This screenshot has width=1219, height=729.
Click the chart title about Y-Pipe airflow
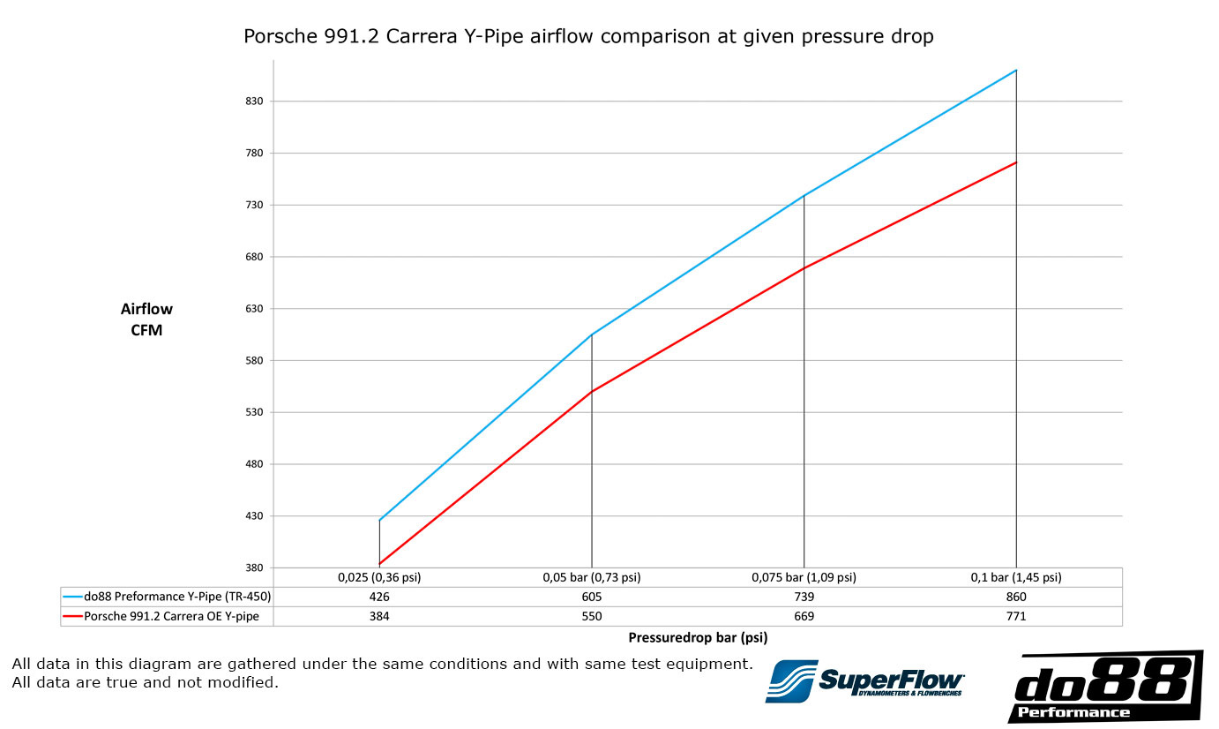tap(588, 37)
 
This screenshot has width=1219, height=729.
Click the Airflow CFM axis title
tap(146, 319)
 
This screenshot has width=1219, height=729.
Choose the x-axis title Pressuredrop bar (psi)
tap(697, 636)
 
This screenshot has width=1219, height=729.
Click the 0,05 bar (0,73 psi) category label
tap(591, 578)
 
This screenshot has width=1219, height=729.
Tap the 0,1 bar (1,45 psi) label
tap(1016, 578)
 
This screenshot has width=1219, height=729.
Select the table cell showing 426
tap(379, 597)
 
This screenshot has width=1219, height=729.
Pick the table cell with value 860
tap(1016, 597)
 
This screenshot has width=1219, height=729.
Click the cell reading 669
tap(804, 616)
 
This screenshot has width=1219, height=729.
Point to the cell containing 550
tap(591, 616)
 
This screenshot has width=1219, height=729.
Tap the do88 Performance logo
tap(1104, 687)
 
